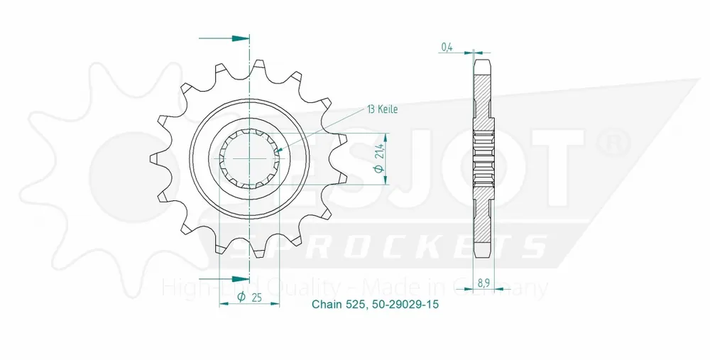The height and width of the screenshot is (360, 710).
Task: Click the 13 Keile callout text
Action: click(x=383, y=109)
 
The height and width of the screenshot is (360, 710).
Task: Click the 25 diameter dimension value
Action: click(x=256, y=298)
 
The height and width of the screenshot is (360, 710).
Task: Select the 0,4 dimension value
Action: click(x=447, y=48)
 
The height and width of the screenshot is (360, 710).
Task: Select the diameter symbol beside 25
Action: click(x=241, y=298)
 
